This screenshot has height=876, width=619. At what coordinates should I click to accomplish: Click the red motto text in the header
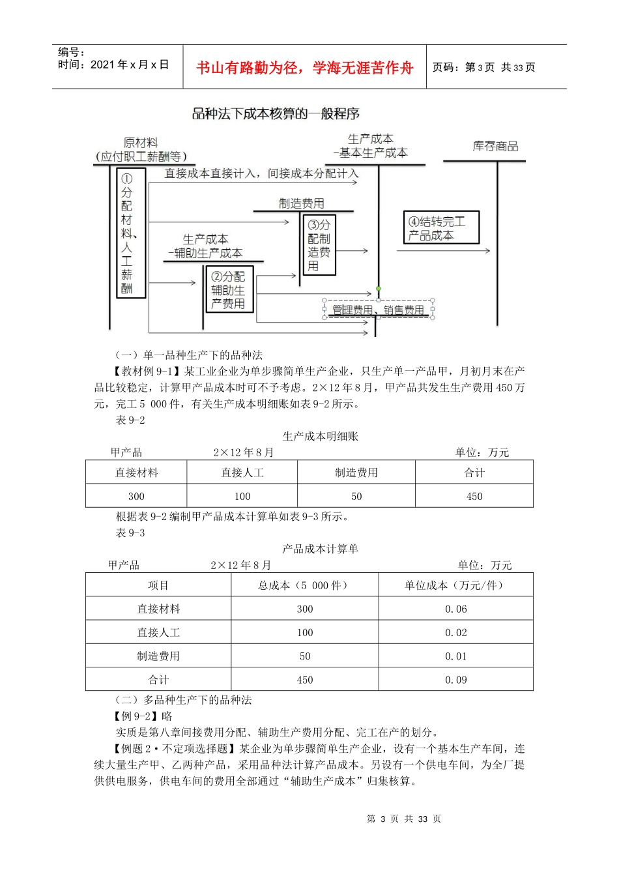coord(304,68)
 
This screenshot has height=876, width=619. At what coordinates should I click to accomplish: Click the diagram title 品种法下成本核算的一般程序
coord(276,114)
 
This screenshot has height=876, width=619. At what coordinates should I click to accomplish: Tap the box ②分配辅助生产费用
coord(228,290)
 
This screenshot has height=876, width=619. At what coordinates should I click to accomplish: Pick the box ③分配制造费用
coord(319,245)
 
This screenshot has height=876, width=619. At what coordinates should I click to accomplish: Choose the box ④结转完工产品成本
coord(441,228)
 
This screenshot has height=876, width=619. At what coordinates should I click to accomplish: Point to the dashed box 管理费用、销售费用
coord(378,310)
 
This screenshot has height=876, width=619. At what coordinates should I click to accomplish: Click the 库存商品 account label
coord(495,147)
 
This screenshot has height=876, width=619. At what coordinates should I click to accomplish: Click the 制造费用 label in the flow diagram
coord(302,203)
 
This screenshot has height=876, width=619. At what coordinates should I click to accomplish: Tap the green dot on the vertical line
coord(378,288)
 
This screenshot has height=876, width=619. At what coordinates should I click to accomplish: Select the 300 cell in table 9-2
coord(136,496)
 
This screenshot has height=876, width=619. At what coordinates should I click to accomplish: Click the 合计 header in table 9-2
coord(474,473)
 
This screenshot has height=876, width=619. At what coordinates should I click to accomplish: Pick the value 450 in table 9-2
coord(474,496)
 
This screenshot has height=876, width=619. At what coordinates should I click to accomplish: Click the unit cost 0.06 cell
coord(456,609)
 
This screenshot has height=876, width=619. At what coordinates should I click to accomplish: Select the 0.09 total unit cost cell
coord(456,680)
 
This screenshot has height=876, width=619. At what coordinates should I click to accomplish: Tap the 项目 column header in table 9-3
coord(158,585)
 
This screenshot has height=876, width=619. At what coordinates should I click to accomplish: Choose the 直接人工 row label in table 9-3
coord(158,632)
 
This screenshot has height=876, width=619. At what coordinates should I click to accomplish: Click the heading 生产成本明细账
coord(321,436)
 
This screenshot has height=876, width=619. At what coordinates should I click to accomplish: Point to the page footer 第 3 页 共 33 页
coord(404,819)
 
